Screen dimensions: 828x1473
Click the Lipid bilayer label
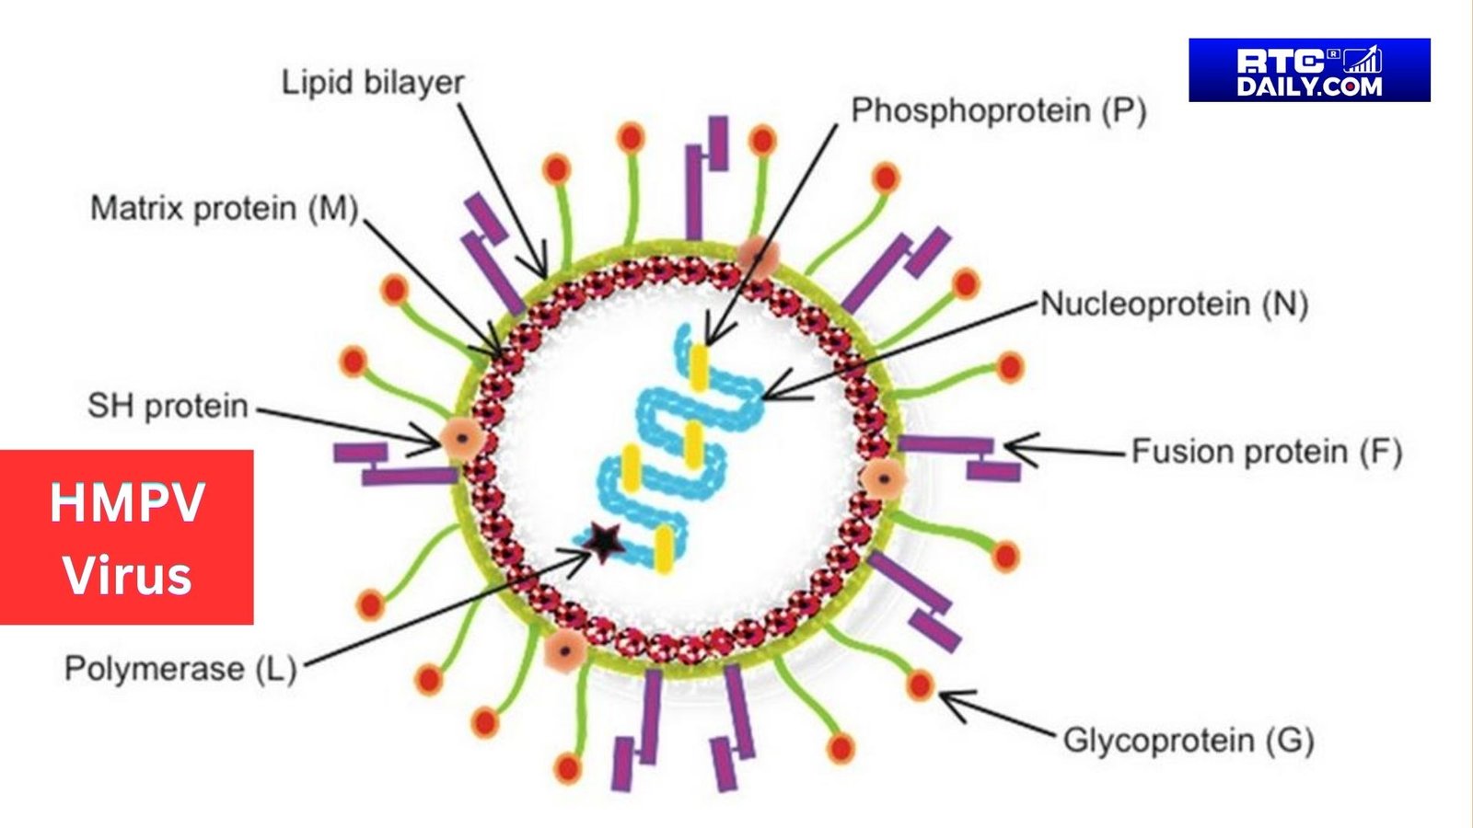[372, 83]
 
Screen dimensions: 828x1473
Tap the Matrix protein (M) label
[224, 208]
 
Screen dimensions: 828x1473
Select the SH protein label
[168, 406]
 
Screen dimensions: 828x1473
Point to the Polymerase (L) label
[180, 669]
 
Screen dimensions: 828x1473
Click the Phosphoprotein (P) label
[998, 110]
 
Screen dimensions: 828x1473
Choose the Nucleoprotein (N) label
[1174, 304]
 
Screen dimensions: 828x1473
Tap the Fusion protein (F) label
[1266, 452]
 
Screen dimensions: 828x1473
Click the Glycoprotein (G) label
[1188, 741]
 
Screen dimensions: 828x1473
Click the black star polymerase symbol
[603, 543]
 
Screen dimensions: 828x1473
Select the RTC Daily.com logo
[1308, 70]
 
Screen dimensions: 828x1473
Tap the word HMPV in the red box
[127, 503]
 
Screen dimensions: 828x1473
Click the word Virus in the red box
[127, 576]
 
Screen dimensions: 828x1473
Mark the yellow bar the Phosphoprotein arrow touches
[700, 366]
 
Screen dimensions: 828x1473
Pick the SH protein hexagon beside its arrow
[461, 440]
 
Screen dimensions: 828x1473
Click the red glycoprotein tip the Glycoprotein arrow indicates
[920, 685]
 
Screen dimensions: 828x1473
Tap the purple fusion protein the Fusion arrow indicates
[948, 445]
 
